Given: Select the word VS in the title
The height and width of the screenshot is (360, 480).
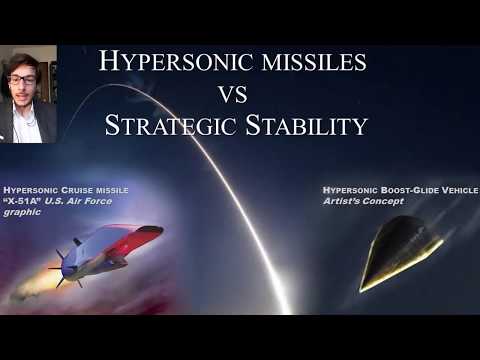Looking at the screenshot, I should click(x=236, y=95).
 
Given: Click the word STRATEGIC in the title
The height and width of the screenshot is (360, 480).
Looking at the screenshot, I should click(x=171, y=127).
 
